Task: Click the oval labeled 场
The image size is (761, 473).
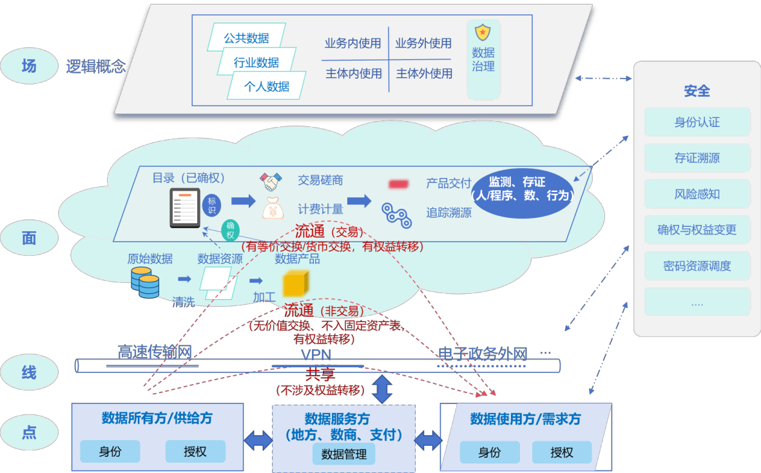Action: pos(29,66)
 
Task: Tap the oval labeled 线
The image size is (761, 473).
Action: pos(29,372)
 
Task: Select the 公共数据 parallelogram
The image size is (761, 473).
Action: pos(246,38)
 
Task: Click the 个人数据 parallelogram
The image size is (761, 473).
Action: pos(267,86)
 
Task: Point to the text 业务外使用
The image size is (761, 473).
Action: pos(423,44)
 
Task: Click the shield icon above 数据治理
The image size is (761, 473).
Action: pos(483,32)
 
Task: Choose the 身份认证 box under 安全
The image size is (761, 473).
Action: pos(697,122)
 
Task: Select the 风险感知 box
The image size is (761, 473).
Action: pos(697,194)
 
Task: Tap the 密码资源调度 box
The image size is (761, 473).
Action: pos(697,265)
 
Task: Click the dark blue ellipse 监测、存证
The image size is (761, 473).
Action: pos(521,189)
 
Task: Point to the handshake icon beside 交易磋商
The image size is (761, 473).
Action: pos(271,182)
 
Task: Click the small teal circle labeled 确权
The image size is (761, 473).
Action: pos(230,229)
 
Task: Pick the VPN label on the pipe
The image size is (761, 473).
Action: pos(316,355)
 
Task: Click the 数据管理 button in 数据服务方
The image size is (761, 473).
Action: pos(343,454)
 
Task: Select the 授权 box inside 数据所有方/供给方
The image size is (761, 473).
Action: pos(195,451)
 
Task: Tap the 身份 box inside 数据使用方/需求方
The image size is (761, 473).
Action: pos(490,452)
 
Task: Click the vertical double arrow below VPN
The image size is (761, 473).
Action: pos(383,389)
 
